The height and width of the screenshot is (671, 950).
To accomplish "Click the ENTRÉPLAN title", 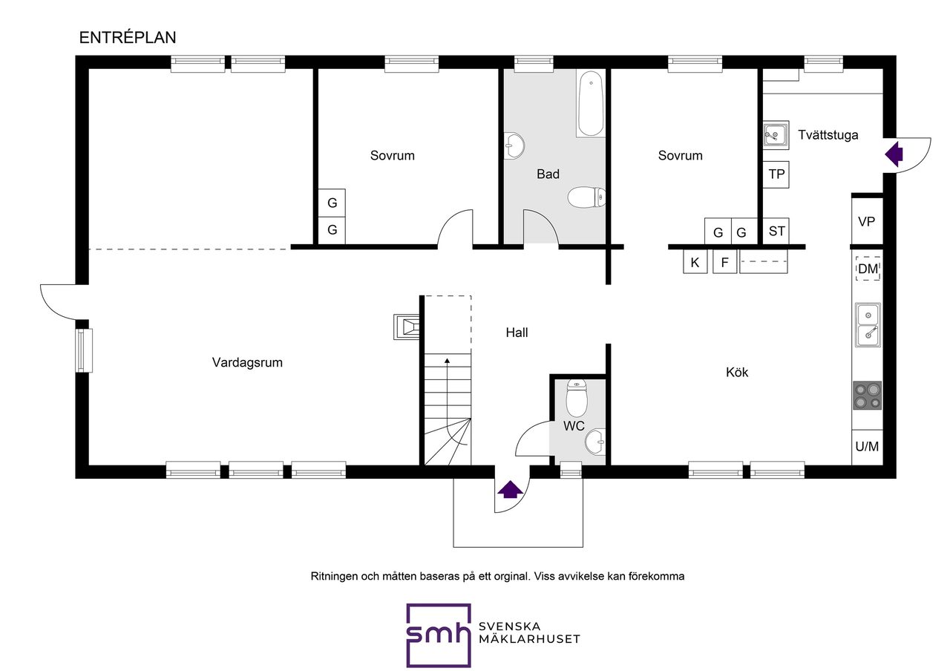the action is coord(128,38).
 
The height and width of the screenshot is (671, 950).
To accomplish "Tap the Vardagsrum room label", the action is coord(247,363).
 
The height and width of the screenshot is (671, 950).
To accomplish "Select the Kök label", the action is coord(737,372).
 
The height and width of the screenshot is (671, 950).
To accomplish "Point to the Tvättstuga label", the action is coord(828,135).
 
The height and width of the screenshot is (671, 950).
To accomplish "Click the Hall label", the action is coord(517,333).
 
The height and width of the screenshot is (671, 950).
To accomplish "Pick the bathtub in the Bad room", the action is coord(591,103).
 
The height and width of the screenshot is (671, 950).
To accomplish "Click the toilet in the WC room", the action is coord(577,398).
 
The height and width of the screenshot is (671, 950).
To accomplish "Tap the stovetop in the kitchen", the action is coord(868,396).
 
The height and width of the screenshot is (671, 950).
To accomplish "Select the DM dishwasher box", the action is coord(868,269).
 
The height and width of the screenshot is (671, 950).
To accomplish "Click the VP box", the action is coord(867,221).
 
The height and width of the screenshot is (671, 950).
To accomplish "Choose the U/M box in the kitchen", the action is coord(868,447).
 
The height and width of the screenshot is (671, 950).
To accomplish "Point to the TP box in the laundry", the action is coord(776,174).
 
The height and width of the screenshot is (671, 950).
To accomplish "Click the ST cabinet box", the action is coord(776,231).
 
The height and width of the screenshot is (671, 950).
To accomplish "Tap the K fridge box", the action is coord(695,263).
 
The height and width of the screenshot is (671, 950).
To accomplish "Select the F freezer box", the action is coord(725,263).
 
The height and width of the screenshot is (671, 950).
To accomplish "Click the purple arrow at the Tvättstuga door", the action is coord(894,154).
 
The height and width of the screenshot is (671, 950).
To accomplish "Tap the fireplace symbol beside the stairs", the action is coord(407,327).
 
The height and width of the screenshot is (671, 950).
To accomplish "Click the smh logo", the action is coord(439,635).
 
